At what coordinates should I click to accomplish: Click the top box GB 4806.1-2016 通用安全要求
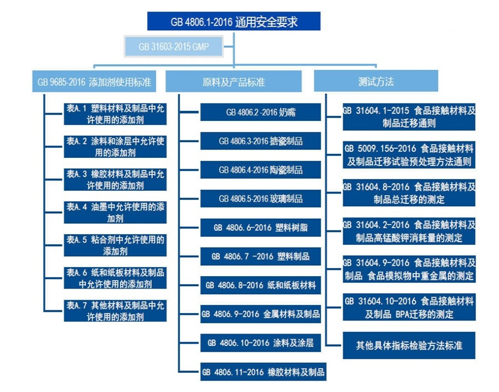pos(234,22)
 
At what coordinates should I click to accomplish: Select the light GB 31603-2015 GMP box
pos(173,47)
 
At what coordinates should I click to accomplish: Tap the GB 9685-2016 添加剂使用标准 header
pos(94,81)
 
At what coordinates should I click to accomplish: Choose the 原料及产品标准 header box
pos(234,81)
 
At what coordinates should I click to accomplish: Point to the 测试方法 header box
pos(376,81)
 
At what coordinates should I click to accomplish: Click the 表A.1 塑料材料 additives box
pos(115,114)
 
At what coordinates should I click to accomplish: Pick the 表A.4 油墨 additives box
pos(115,212)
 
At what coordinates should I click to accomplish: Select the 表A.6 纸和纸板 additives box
pos(115,278)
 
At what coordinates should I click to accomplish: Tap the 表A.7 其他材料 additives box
pos(115,311)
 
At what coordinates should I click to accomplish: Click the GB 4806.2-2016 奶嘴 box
pos(261,112)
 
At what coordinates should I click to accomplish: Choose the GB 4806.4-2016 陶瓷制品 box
pos(261,170)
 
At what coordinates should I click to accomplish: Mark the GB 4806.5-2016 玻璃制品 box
pos(261,198)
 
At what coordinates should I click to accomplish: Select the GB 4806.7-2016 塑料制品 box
pos(261,256)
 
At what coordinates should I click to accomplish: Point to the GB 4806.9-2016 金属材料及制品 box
pos(261,314)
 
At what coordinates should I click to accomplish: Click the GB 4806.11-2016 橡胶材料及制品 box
pos(263,372)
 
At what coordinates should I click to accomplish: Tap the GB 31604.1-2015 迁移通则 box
pos(409,117)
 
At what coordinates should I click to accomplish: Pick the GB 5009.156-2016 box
pos(409,155)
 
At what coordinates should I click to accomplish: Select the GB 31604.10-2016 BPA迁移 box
pos(409,307)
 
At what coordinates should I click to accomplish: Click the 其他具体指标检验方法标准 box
pos(409,345)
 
